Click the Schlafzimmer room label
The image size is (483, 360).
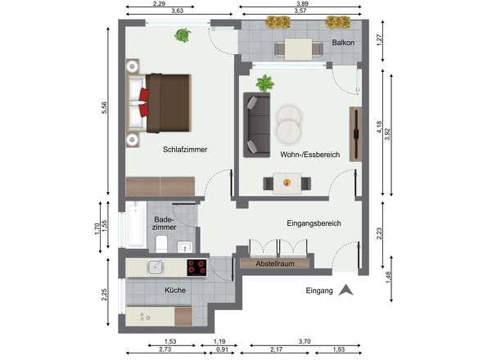pyautogui.click(x=185, y=150)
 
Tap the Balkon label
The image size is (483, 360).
pyautogui.click(x=343, y=43)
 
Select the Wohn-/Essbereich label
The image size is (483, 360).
pyautogui.click(x=310, y=155)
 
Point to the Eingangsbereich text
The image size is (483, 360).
pyautogui.click(x=314, y=223)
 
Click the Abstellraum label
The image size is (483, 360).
pyautogui.click(x=275, y=263)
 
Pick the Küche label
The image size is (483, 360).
pyautogui.click(x=175, y=290)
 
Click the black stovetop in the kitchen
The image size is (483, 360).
pyautogui.click(x=196, y=268)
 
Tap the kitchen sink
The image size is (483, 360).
pyautogui.click(x=156, y=267)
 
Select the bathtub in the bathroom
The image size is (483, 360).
pyautogui.click(x=136, y=225)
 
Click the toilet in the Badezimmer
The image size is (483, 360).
pyautogui.click(x=161, y=244)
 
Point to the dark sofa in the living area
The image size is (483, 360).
pyautogui.click(x=257, y=125)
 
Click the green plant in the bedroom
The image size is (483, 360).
pyautogui.click(x=183, y=35)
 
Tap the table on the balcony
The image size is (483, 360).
pyautogui.click(x=298, y=49)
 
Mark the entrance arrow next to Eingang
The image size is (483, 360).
pyautogui.click(x=346, y=290)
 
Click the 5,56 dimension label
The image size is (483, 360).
pyautogui.click(x=104, y=108)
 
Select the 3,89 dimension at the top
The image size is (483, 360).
pyautogui.click(x=302, y=4)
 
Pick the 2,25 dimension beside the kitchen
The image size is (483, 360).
pyautogui.click(x=104, y=295)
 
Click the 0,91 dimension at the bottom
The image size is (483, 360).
pyautogui.click(x=222, y=349)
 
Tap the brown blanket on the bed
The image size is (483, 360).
pyautogui.click(x=168, y=103)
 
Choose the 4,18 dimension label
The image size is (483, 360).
pyautogui.click(x=379, y=127)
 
